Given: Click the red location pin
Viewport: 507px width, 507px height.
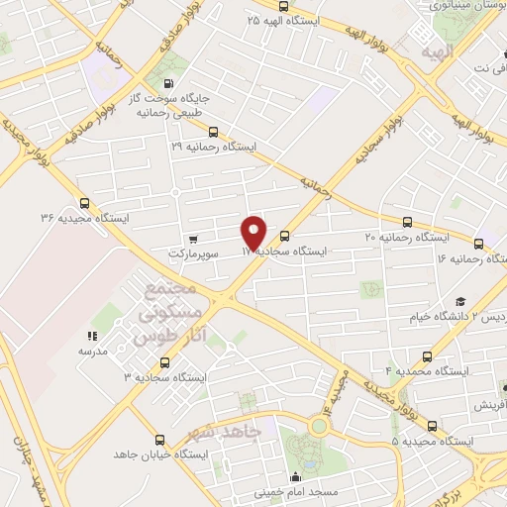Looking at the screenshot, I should [254, 231].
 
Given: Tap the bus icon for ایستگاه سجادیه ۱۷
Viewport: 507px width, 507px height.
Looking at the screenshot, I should [285, 236].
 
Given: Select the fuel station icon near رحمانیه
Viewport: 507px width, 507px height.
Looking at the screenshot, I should [167, 84].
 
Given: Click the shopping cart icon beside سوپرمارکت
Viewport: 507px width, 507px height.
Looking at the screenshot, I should [193, 238].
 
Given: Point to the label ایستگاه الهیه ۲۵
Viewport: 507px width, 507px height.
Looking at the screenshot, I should [286, 20].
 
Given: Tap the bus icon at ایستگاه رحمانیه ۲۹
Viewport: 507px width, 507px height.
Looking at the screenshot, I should [213, 131].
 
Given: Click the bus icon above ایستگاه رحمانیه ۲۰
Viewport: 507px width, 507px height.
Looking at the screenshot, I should [407, 223].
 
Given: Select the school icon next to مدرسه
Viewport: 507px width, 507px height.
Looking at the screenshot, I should [93, 336].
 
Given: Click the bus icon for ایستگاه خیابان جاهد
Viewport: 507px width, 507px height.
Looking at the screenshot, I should [159, 440].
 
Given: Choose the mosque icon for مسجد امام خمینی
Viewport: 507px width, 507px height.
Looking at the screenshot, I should [294, 475].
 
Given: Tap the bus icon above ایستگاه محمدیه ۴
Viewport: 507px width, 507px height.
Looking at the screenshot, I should [427, 356].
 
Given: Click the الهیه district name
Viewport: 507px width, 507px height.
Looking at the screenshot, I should [435, 51].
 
